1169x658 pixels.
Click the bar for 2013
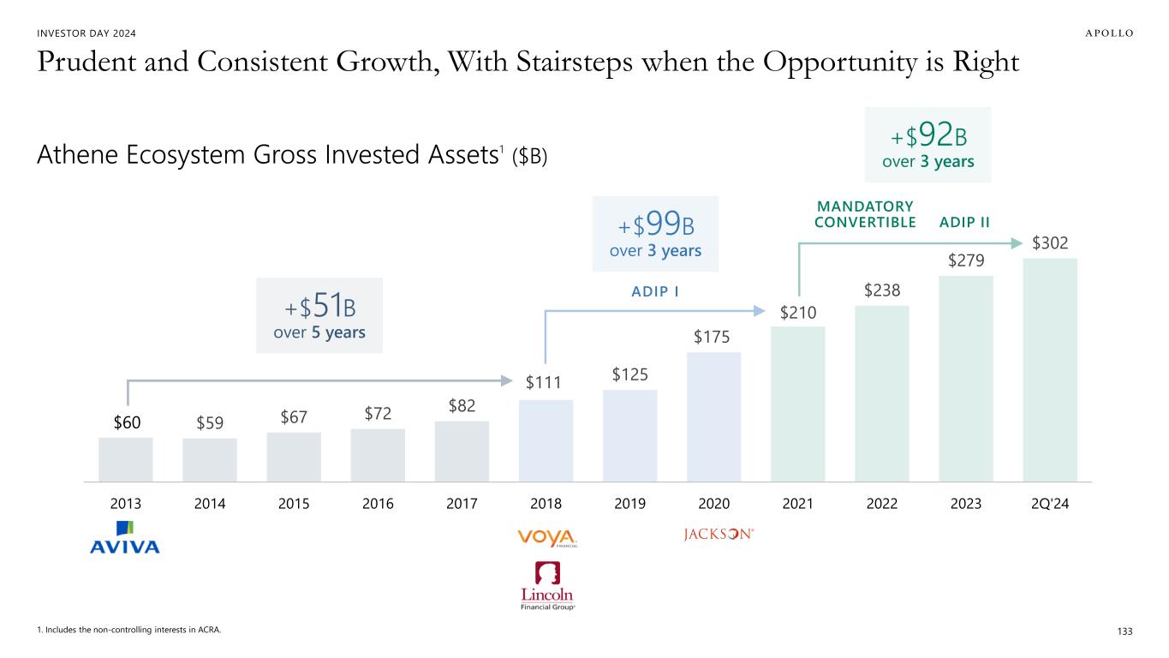pyautogui.click(x=126, y=460)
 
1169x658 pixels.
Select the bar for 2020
pyautogui.click(x=713, y=417)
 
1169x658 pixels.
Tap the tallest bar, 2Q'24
pyautogui.click(x=1049, y=370)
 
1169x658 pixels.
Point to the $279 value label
pyautogui.click(x=966, y=259)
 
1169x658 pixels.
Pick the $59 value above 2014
pyautogui.click(x=210, y=422)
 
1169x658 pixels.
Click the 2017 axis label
pyautogui.click(x=462, y=504)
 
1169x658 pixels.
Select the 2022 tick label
pyautogui.click(x=881, y=504)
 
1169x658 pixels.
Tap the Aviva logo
pyautogui.click(x=125, y=537)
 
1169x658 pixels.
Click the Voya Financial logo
pyautogui.click(x=547, y=536)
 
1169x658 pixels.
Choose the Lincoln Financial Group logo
pyautogui.click(x=547, y=586)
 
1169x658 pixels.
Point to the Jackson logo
pyautogui.click(x=719, y=535)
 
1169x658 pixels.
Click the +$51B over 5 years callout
pyautogui.click(x=319, y=315)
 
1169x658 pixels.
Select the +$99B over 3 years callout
pyautogui.click(x=655, y=234)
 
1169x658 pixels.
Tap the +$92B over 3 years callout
pyautogui.click(x=927, y=145)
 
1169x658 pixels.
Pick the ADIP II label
pyautogui.click(x=964, y=222)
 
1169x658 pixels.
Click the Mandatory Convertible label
pyautogui.click(x=864, y=214)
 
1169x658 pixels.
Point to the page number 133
pyautogui.click(x=1124, y=631)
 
